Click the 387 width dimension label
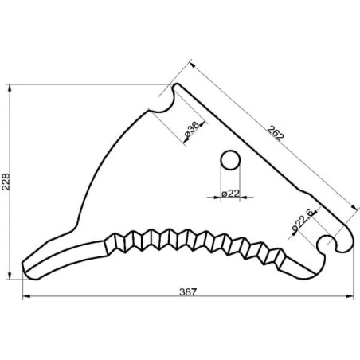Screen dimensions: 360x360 pyautogui.click(x=188, y=292)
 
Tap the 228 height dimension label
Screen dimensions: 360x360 pyautogui.click(x=6, y=182)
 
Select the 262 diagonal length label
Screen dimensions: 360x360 pyautogui.click(x=276, y=133)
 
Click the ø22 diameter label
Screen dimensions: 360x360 pyautogui.click(x=230, y=194)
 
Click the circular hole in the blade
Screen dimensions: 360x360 pyautogui.click(x=230, y=160)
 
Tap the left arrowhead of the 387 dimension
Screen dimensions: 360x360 pyautogui.click(x=26, y=296)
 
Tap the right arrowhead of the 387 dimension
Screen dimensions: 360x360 pyautogui.click(x=350, y=296)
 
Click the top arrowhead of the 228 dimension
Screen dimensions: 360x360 pyautogui.click(x=10, y=88)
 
